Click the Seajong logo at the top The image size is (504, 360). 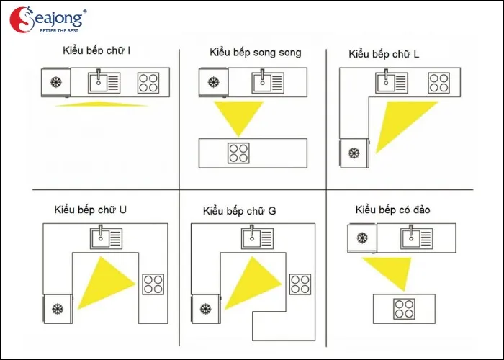[48, 19]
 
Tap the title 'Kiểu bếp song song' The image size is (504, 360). [256, 53]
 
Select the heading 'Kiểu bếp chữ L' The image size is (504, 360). [384, 54]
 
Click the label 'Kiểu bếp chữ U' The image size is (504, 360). [90, 210]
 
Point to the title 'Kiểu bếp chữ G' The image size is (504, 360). [240, 211]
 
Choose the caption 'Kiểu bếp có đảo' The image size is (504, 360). [392, 210]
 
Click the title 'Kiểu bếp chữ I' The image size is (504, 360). [96, 50]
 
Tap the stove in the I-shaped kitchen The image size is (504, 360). [148, 83]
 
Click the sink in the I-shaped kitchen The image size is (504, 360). [104, 82]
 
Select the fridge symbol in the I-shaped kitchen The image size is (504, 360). [56, 82]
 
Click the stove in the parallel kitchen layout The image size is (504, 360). [238, 153]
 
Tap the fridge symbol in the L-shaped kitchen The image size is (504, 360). [354, 153]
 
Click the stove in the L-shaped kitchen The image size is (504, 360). [438, 83]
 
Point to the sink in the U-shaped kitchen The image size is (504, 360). [106, 238]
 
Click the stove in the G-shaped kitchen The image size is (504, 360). [300, 284]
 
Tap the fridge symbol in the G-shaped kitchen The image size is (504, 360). [206, 309]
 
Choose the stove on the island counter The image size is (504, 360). [404, 309]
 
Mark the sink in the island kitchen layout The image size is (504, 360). [417, 238]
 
